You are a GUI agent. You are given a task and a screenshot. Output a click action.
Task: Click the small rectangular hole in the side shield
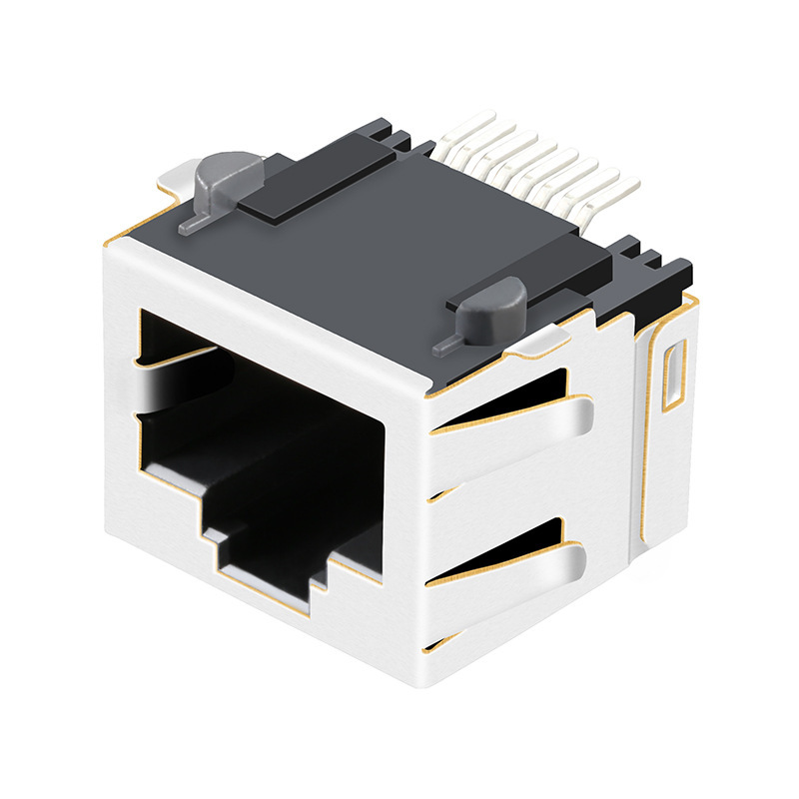pyautogui.click(x=674, y=375)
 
